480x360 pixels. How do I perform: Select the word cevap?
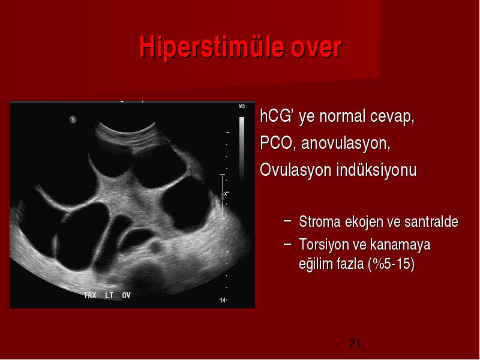392,117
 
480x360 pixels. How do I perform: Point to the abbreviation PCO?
276,143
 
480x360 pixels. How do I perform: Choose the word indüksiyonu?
377,170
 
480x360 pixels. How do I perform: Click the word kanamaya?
400,245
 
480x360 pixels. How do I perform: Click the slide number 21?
355,343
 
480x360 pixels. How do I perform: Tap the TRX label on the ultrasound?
91,295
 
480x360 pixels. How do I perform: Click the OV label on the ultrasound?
126,295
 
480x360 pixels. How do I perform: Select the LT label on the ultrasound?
109,295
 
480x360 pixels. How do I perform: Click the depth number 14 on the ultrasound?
223,301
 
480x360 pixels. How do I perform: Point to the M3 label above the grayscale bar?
242,107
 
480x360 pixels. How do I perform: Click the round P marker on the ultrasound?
73,119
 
